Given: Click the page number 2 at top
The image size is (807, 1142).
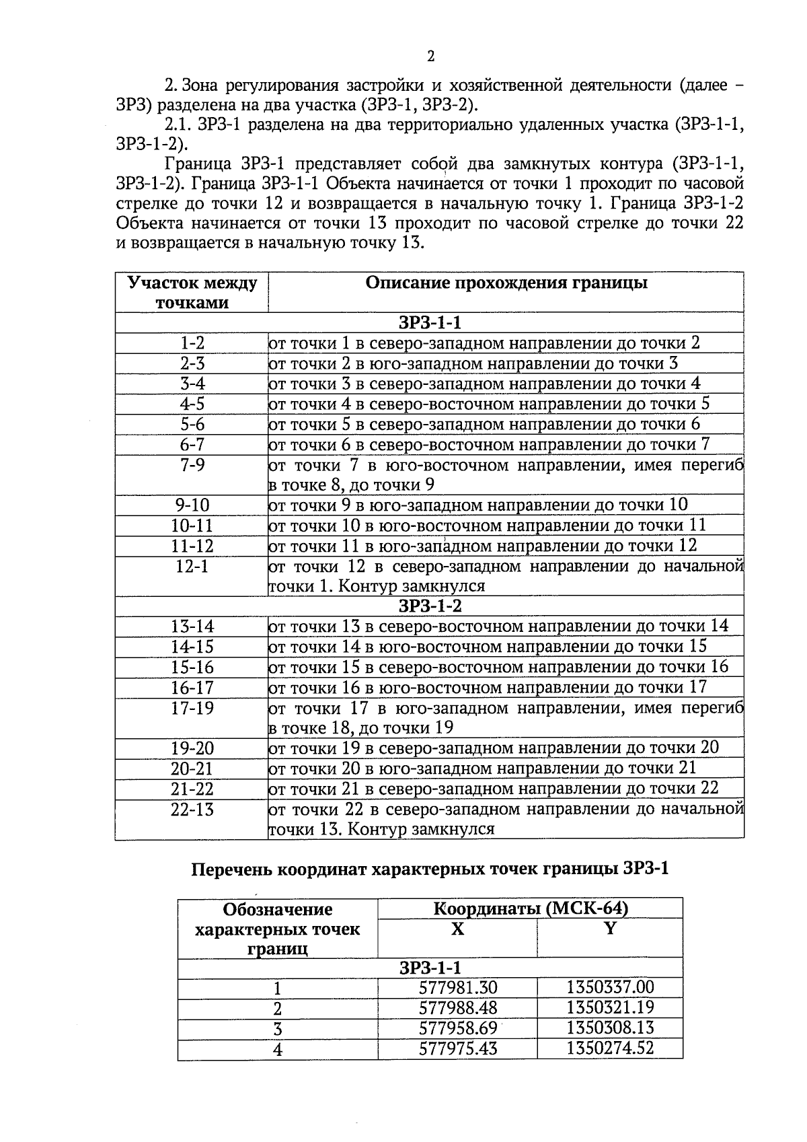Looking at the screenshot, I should pyautogui.click(x=430, y=56).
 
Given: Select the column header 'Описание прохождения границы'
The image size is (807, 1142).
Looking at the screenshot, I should pyautogui.click(x=506, y=283).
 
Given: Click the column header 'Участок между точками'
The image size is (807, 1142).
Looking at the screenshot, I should pyautogui.click(x=192, y=292).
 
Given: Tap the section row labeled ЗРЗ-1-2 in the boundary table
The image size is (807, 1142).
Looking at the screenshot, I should pyautogui.click(x=430, y=606).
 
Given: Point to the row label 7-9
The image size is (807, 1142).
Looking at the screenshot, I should pyautogui.click(x=192, y=465).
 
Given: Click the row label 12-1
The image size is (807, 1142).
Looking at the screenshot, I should pyautogui.click(x=192, y=567).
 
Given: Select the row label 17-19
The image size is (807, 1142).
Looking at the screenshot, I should pyautogui.click(x=192, y=709).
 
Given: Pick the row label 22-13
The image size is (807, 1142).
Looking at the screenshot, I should pyautogui.click(x=192, y=810).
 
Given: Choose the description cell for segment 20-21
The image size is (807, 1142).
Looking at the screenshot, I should pyautogui.click(x=482, y=769).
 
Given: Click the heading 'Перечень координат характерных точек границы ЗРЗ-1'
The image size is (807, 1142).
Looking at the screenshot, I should pyautogui.click(x=430, y=869).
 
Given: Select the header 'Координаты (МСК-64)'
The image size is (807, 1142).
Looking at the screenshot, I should pyautogui.click(x=530, y=908).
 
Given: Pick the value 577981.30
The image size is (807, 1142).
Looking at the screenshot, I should pyautogui.click(x=457, y=988).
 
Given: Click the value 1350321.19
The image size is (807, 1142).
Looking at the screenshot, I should pyautogui.click(x=610, y=1008).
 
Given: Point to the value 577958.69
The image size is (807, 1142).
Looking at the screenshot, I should pyautogui.click(x=457, y=1028).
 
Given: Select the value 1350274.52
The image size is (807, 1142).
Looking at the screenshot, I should pyautogui.click(x=610, y=1048).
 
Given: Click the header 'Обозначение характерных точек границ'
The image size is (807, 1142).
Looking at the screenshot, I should pyautogui.click(x=277, y=929).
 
